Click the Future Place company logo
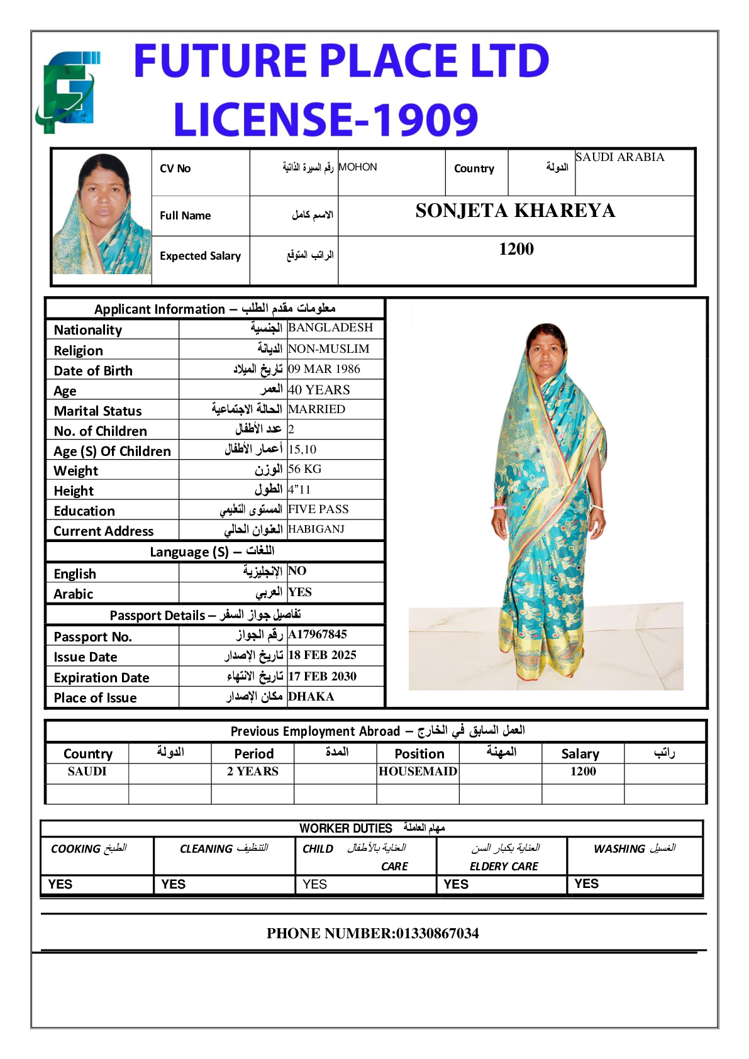[67, 92]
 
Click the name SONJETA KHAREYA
[515, 211]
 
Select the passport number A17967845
[318, 635]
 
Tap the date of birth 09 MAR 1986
[325, 369]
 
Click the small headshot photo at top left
[101, 213]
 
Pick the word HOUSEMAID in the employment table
[418, 772]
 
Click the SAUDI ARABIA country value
[620, 157]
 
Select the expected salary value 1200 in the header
[516, 249]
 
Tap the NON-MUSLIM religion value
[329, 349]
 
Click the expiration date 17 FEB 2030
[323, 677]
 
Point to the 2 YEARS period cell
[253, 772]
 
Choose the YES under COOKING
[60, 884]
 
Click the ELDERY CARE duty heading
[504, 867]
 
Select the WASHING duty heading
[619, 849]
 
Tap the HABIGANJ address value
[316, 529]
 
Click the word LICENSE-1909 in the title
[326, 119]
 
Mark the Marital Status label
[98, 411]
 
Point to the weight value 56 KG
[305, 469]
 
